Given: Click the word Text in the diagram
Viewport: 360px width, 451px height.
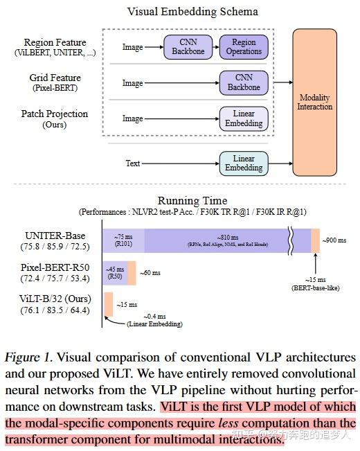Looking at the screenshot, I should pyautogui.click(x=133, y=163).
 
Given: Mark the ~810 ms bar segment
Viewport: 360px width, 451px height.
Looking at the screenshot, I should pyautogui.click(x=218, y=240).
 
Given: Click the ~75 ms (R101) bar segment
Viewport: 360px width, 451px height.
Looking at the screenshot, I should pyautogui.click(x=124, y=240).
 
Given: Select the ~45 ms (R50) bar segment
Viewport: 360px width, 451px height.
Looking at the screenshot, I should pyautogui.click(x=115, y=272).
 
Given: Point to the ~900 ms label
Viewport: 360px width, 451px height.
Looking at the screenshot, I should pyautogui.click(x=336, y=240).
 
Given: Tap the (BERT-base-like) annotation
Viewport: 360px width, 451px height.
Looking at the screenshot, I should pyautogui.click(x=316, y=286).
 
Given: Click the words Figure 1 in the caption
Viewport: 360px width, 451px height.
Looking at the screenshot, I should pyautogui.click(x=28, y=358).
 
